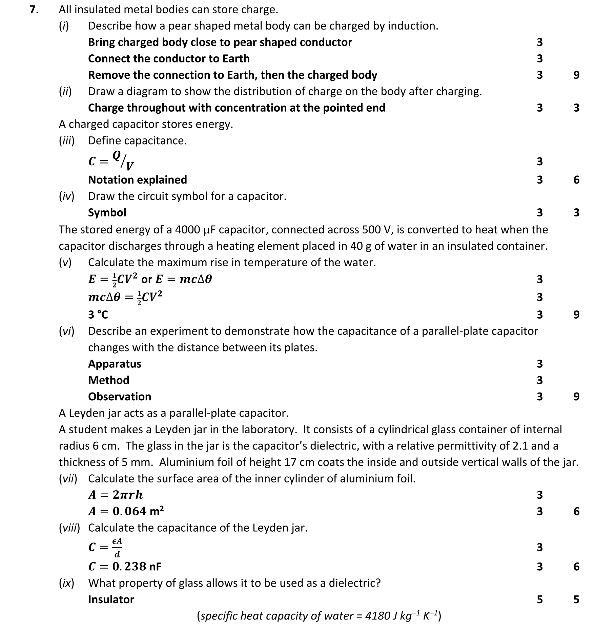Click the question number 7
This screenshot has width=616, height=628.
click(33, 10)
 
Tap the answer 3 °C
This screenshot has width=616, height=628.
click(98, 315)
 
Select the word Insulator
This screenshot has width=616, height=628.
click(111, 599)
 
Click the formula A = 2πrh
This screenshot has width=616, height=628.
click(116, 495)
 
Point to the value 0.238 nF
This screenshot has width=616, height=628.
click(137, 566)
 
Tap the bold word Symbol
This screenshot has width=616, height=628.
click(107, 212)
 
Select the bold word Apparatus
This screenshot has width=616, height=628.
click(115, 364)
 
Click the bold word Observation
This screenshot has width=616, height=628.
click(120, 396)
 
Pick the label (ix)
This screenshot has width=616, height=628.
click(66, 583)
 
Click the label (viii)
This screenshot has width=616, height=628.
click(69, 528)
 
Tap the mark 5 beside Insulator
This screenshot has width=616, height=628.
click(540, 599)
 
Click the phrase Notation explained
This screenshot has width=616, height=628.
click(138, 179)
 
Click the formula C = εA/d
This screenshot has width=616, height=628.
click(105, 547)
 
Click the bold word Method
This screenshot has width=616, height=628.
click(109, 380)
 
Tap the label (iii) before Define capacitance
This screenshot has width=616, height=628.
click(66, 140)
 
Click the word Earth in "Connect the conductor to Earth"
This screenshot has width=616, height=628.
click(236, 58)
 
